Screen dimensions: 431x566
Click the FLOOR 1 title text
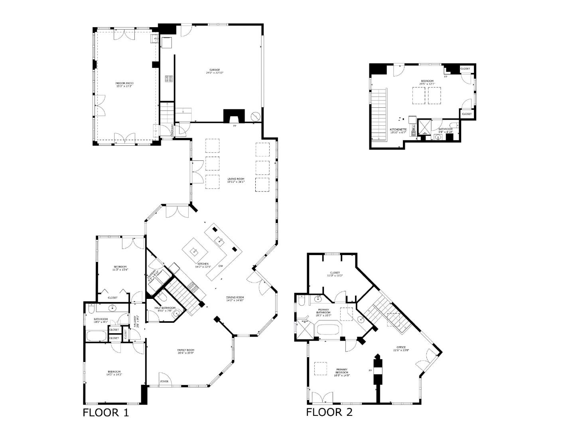click(x=106, y=412)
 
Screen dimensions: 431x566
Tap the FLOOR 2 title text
click(x=329, y=412)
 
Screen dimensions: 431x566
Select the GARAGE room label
click(x=215, y=70)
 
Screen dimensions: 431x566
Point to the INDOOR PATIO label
click(x=124, y=83)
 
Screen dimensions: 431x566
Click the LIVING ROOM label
click(x=236, y=179)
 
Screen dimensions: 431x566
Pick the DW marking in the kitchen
click(x=220, y=266)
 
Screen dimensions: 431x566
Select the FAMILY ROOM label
click(x=185, y=350)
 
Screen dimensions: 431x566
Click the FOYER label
click(x=164, y=382)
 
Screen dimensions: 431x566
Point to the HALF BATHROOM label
click(x=165, y=308)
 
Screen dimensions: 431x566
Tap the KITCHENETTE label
click(x=398, y=129)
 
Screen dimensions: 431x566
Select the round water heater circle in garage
click(x=255, y=116)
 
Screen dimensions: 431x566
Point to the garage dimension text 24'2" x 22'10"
click(x=215, y=73)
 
